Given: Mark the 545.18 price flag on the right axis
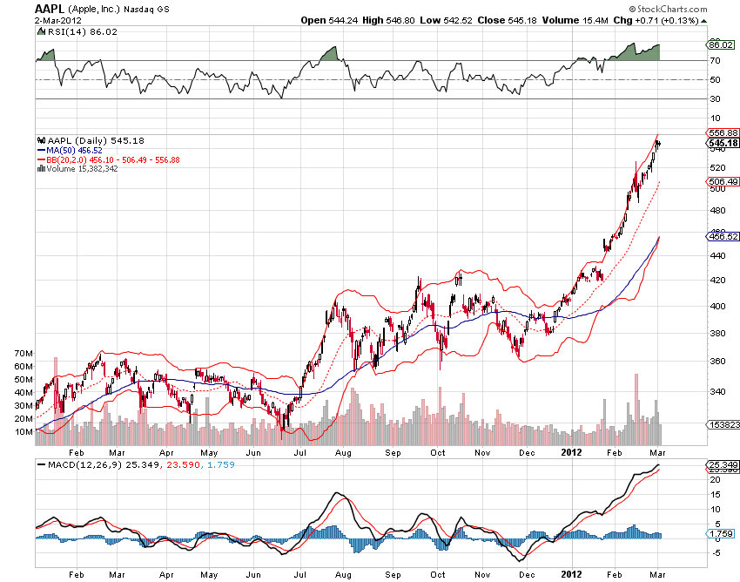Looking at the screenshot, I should point(723,143).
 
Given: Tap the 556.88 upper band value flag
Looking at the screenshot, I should point(723,132).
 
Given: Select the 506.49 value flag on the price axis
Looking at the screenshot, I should point(723,181).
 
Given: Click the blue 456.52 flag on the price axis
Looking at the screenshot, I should point(723,236).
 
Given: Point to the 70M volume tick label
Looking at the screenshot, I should point(24,353).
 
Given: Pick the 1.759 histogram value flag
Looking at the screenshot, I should point(723,532).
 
